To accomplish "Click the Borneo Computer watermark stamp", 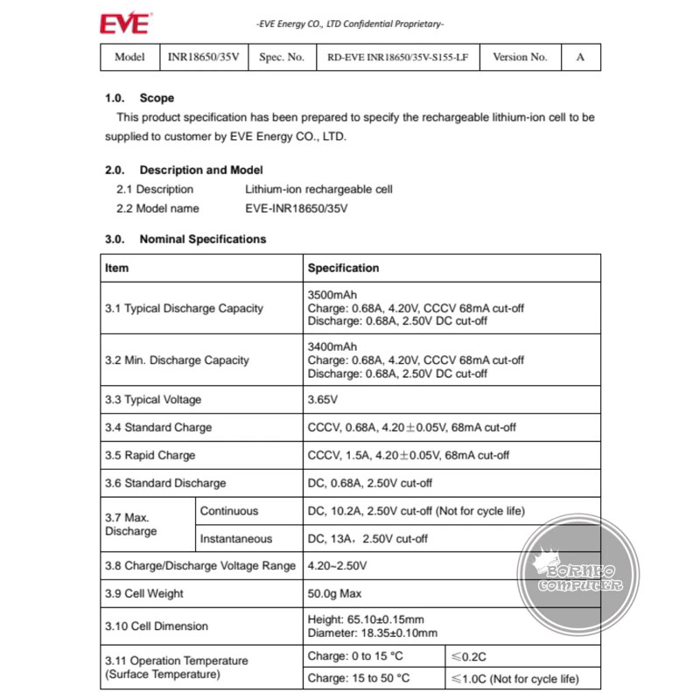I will click(x=577, y=577).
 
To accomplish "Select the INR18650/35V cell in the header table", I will click(x=203, y=57).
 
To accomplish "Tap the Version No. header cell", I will click(x=520, y=57).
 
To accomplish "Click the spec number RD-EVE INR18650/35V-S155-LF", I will click(x=397, y=57).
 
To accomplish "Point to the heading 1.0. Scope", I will click(x=140, y=98).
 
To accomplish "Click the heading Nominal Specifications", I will click(x=202, y=239).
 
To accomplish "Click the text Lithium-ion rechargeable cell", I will click(x=318, y=189).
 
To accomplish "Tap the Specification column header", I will click(x=343, y=268).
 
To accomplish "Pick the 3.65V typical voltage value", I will click(x=321, y=400).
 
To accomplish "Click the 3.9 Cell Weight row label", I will click(x=144, y=593).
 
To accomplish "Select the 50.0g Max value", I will click(x=334, y=593).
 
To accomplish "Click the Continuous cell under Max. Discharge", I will click(x=229, y=511).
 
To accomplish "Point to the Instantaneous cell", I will click(x=235, y=539).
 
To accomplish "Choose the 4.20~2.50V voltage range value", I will click(x=338, y=566).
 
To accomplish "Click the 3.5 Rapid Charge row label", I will click(x=150, y=455).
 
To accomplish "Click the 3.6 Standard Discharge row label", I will click(x=164, y=483).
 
